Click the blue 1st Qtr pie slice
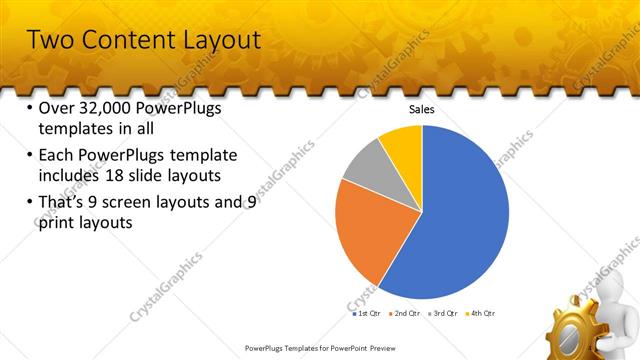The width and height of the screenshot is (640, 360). click(x=455, y=220)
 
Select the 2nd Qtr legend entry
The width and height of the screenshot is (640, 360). click(x=405, y=313)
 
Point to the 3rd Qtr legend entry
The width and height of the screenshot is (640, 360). click(x=443, y=313)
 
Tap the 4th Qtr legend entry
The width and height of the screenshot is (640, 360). click(x=481, y=313)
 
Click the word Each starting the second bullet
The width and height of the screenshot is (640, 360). click(x=56, y=156)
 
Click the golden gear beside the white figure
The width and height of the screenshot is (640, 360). click(x=577, y=325)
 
